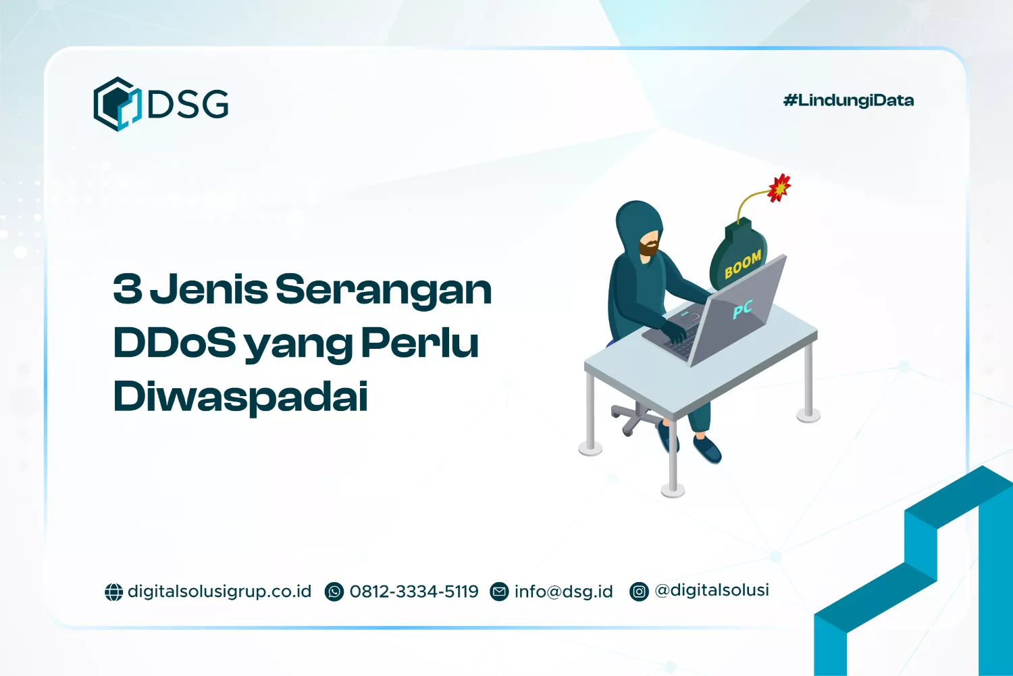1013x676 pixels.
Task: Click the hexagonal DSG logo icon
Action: pos(116,104)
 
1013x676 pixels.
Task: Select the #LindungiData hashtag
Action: pos(848,101)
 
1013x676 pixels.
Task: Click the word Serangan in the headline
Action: pos(384,290)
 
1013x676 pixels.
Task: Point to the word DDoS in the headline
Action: pos(174,343)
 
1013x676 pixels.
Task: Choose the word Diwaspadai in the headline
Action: pos(240,397)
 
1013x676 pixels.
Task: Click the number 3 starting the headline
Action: pos(128,289)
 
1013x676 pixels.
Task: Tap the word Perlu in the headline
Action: pos(420,343)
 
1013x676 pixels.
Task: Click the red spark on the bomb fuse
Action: pos(779,187)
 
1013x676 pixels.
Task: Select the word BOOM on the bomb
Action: pos(742,264)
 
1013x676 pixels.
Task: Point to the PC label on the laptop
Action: pos(742,310)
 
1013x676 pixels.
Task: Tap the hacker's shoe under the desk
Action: pos(706,449)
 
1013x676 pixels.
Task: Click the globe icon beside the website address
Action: pos(113,592)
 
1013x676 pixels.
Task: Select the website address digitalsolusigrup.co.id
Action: pos(219,591)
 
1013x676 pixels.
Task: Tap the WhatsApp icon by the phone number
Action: pos(334,592)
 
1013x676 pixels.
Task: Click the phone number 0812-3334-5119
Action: pos(414,591)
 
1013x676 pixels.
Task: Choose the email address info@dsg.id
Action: pos(563,591)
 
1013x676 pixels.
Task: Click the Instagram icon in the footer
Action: pos(639,592)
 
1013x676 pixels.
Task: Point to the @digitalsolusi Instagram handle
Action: pos(712,590)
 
